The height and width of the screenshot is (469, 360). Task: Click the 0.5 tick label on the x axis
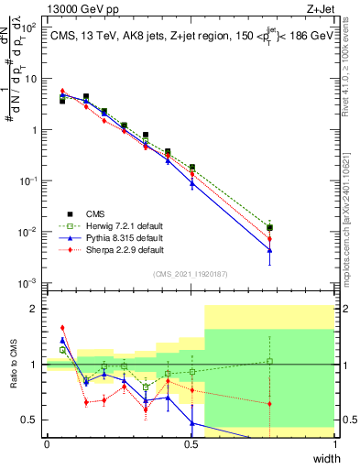pyautogui.click(x=191, y=444)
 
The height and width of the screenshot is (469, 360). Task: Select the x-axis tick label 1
pyautogui.click(x=335, y=444)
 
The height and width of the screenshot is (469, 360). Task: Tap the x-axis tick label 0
pyautogui.click(x=47, y=444)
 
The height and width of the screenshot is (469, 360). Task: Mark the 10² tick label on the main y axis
pyautogui.click(x=30, y=27)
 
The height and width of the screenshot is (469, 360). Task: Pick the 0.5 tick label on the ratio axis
pyautogui.click(x=32, y=420)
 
